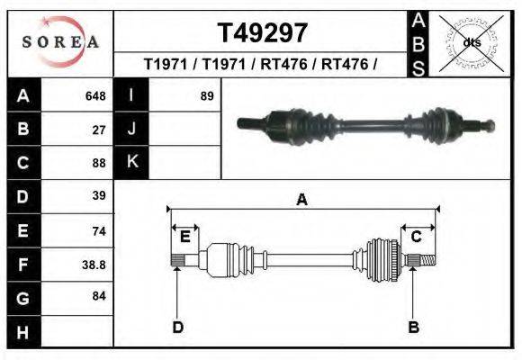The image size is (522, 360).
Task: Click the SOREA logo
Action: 60,41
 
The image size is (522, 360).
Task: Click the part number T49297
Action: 263,33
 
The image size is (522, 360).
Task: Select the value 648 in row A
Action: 94,96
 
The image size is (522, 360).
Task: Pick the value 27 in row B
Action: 99,130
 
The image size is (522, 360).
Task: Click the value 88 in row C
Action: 99,163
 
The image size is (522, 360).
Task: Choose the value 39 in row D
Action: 99,195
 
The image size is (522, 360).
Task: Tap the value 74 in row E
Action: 99,231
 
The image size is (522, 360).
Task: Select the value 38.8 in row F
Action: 94,265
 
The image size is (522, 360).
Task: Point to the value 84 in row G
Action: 99,295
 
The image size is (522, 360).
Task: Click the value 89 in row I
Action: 206,95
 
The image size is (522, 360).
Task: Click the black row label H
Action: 22,332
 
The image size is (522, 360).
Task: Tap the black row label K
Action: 132,162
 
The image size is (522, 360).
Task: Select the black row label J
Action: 132,129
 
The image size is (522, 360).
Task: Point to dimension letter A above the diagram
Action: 301,200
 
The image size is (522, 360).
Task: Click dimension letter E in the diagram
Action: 184,237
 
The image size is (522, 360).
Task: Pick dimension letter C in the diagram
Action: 417,237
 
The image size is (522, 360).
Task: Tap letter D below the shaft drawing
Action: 177,327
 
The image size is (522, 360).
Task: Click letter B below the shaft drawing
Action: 414,327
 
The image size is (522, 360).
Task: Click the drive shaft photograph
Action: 364,126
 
